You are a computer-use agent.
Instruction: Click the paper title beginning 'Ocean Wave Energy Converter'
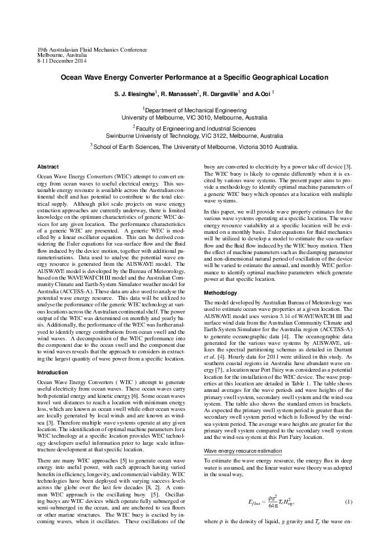pos(194,76)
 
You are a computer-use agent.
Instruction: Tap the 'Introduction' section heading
pos(54,372)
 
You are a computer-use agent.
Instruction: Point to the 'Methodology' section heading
pos(221,293)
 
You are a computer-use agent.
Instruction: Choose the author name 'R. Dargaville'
pos(219,94)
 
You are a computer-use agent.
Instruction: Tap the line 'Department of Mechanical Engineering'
pos(194,111)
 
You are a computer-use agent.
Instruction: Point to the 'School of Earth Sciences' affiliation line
pos(194,148)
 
